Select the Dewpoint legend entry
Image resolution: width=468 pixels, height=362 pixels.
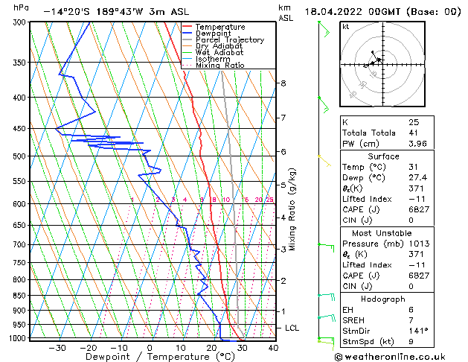214,34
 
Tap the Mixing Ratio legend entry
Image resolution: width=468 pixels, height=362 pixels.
219,66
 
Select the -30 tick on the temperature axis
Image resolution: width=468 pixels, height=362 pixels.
57,348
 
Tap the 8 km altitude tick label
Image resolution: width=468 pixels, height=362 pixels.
283,83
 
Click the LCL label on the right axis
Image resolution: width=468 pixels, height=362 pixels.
293,328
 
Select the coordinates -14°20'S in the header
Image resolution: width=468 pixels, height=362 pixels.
68,12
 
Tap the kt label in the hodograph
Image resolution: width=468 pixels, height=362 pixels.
347,26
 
